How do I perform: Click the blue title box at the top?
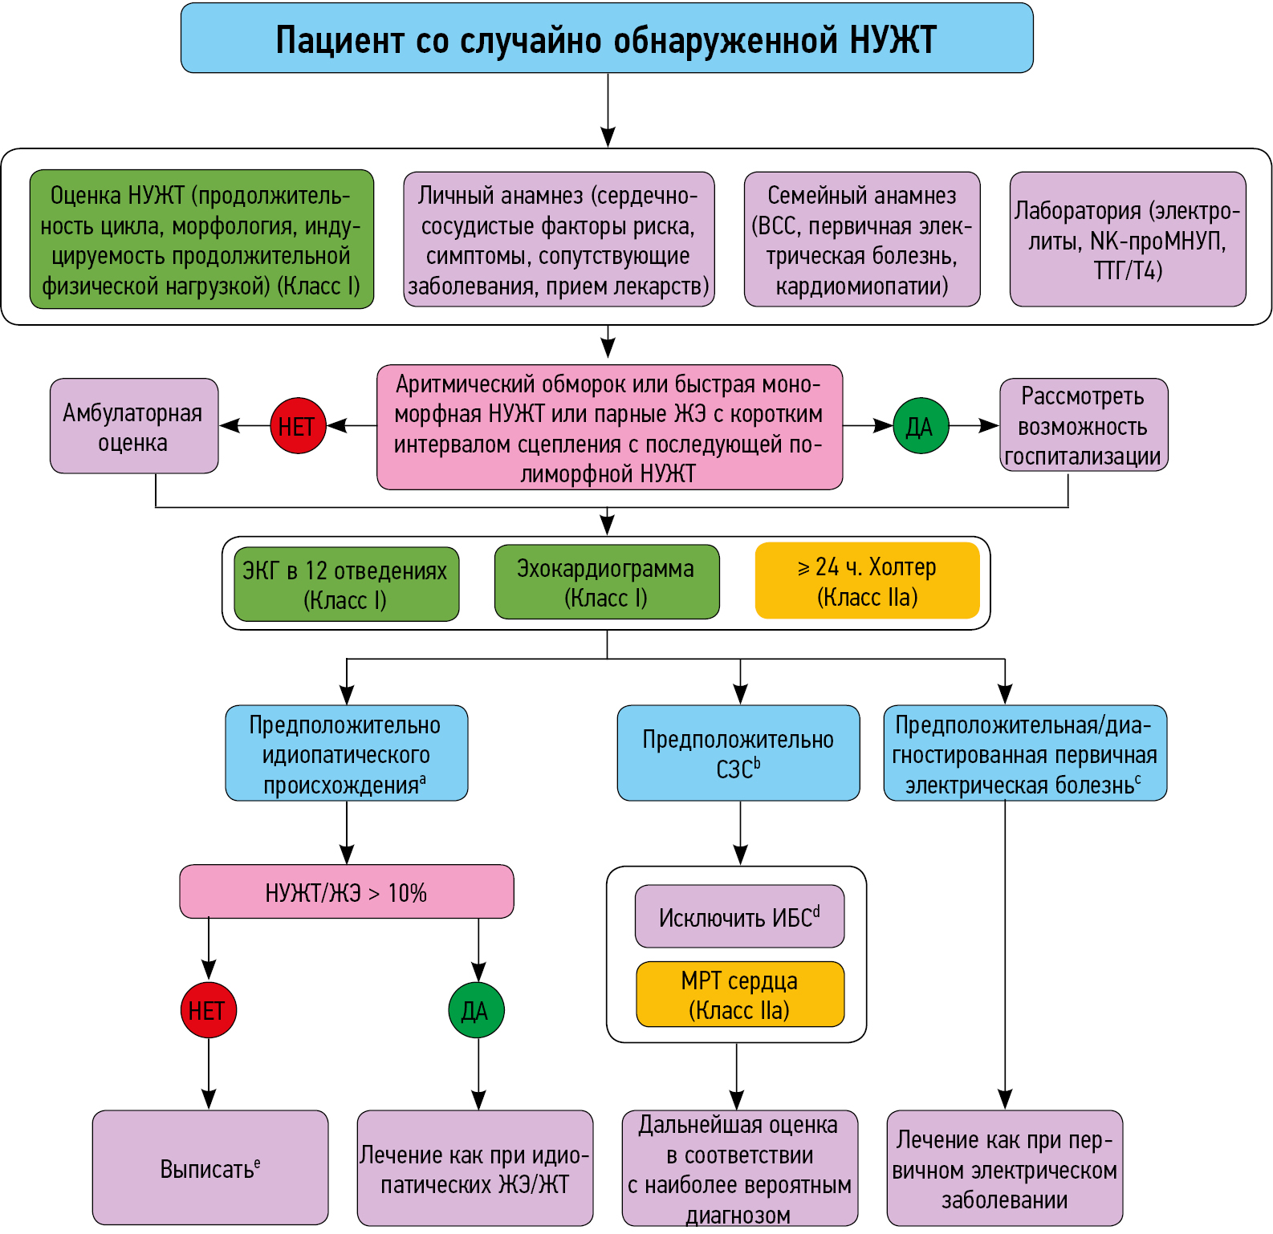tap(607, 39)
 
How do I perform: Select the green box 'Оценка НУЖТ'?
tap(201, 239)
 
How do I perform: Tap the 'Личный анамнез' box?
tap(559, 239)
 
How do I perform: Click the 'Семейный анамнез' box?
tap(862, 239)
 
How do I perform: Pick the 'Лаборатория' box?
tap(1128, 239)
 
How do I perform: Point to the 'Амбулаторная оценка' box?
tap(134, 426)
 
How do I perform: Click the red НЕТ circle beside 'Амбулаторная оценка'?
tap(298, 426)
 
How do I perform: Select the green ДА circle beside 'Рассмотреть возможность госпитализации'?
tap(921, 426)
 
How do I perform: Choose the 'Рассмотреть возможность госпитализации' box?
tap(1084, 425)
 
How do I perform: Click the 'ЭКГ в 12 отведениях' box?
tap(346, 584)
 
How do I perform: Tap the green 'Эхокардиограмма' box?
tap(607, 582)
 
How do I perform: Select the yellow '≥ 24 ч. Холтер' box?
tap(868, 581)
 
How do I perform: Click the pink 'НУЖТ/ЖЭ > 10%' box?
tap(346, 891)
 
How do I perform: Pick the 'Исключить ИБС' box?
tap(739, 916)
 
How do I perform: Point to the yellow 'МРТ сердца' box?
tap(739, 994)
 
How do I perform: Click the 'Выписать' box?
tap(210, 1167)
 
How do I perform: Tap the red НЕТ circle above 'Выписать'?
tap(209, 1010)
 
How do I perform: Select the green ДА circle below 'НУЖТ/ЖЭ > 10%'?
tap(476, 1010)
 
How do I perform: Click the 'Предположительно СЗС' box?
tap(738, 753)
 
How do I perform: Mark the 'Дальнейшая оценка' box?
tap(739, 1168)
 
